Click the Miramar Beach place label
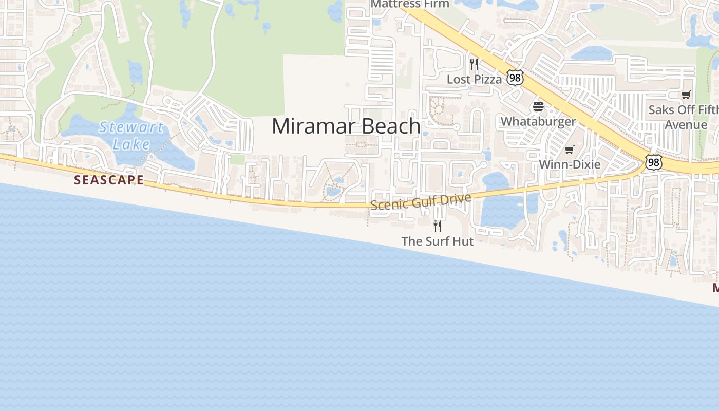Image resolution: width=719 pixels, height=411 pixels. tap(346, 126)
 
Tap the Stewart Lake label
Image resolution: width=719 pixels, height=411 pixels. tap(131, 135)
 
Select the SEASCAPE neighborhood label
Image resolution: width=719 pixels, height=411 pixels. tap(109, 180)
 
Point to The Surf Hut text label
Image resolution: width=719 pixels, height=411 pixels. tap(437, 241)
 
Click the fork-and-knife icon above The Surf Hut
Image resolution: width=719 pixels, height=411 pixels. tap(438, 226)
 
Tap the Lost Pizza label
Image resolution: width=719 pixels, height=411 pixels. tap(474, 79)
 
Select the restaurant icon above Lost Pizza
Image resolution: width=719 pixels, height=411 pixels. tap(474, 64)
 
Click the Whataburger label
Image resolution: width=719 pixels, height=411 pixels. tap(538, 122)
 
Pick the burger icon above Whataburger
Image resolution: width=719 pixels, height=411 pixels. tap(538, 106)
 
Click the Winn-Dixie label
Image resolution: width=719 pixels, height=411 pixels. tap(569, 165)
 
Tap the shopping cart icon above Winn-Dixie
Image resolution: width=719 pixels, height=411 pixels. tap(569, 150)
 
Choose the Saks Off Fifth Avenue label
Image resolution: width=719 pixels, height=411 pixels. tap(685, 117)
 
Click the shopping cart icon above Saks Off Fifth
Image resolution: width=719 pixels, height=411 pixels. tap(686, 95)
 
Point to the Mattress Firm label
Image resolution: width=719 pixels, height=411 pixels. tap(410, 4)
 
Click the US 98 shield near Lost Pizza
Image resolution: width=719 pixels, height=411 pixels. tap(515, 78)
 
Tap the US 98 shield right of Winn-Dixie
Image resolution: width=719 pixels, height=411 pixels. tap(654, 162)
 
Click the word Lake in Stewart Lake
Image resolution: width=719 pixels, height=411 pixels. tap(131, 144)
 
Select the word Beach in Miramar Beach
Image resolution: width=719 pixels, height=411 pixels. tap(383, 126)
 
